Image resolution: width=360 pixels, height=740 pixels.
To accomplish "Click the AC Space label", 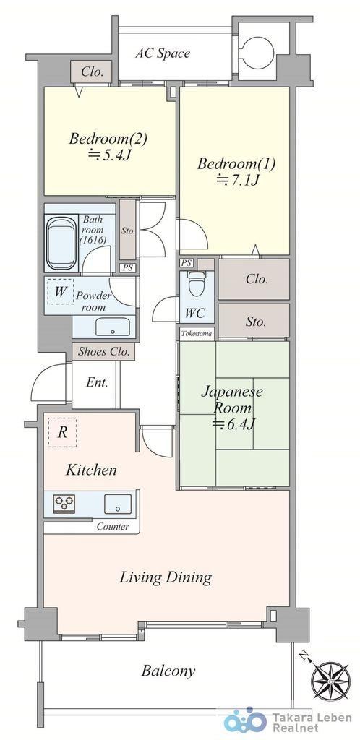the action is (x=163, y=53).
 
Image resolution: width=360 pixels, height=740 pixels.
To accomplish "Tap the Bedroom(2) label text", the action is (x=108, y=139).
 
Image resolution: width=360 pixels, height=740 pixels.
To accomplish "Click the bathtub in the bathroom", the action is (x=61, y=244).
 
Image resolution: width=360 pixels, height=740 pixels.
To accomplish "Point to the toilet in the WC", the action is (x=194, y=283).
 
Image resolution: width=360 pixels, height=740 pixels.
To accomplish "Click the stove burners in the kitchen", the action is (x=64, y=503).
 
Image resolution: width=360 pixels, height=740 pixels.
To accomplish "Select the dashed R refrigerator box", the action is (x=62, y=432).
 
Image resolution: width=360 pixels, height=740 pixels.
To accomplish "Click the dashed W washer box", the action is (x=61, y=291).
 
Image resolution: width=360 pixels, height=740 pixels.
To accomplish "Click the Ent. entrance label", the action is (x=97, y=382).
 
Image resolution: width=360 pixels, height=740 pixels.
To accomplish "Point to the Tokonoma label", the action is (x=197, y=334).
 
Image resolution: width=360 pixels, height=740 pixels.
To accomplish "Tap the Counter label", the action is (x=113, y=526).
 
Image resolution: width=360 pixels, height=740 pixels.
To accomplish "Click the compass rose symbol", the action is (x=330, y=681).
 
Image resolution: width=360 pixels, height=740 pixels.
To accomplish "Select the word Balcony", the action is (x=168, y=671).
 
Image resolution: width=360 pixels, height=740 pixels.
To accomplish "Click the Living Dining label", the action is (x=165, y=577).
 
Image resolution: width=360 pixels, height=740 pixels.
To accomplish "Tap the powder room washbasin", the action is (x=113, y=326).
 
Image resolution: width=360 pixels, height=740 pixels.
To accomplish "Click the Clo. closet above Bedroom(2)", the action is (x=92, y=72).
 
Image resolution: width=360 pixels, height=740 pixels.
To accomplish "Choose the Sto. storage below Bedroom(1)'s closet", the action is (x=254, y=321).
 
